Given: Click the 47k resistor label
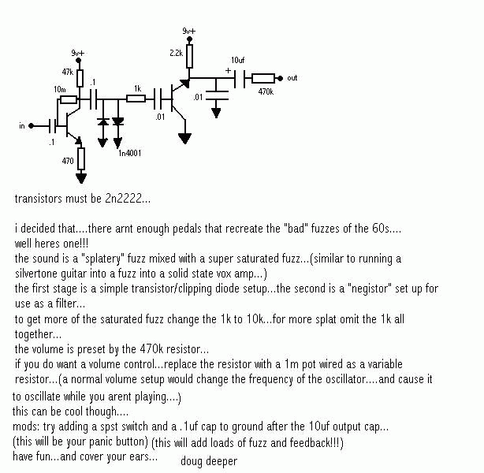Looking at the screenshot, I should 67,72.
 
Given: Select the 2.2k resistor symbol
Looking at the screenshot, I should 189,54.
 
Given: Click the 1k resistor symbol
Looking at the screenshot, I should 138,99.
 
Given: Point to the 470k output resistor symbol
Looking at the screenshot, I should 263,78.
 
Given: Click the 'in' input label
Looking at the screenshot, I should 22,125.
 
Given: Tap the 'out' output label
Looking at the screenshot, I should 292,78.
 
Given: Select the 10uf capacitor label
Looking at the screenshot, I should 237,60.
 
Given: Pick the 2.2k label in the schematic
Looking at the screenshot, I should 176,53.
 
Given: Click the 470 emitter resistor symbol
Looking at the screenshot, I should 81,161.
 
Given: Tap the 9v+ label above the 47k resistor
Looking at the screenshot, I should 77,52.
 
